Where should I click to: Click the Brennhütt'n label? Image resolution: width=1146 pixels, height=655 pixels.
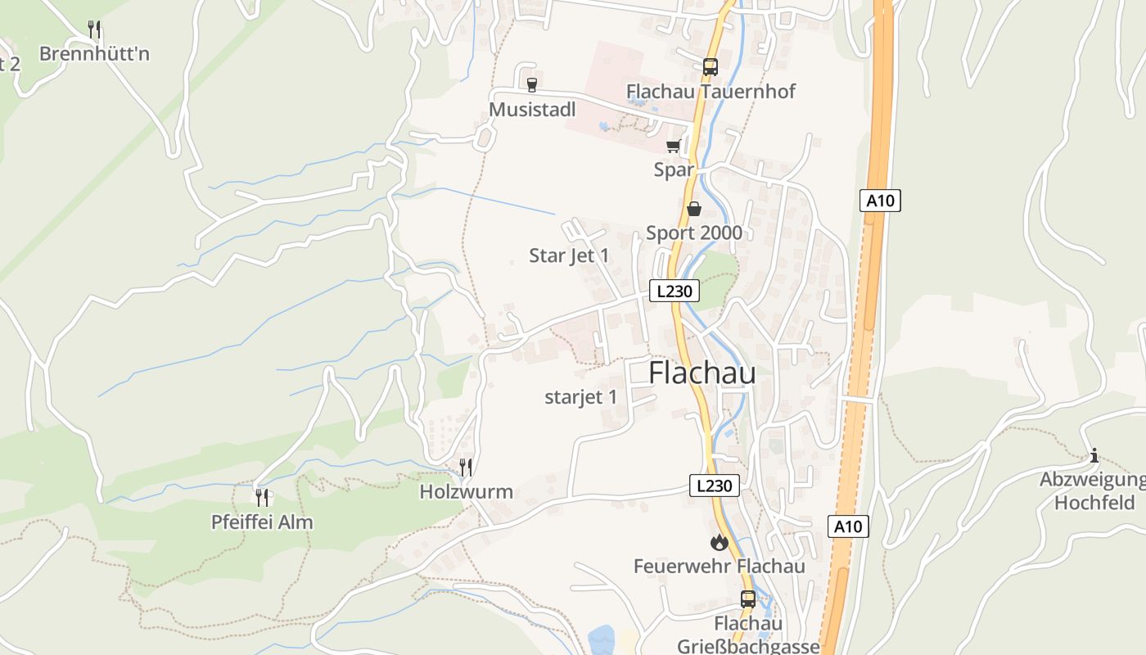tap(94, 54)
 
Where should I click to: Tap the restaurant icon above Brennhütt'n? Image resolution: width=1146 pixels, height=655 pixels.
tap(94, 29)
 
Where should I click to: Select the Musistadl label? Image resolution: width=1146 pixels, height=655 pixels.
tap(532, 110)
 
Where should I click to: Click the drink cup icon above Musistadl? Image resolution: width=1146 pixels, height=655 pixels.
tap(532, 84)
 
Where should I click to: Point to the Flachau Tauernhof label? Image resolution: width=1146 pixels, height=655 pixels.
tap(711, 91)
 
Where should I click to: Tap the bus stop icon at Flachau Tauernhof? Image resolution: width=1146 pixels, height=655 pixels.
tap(710, 66)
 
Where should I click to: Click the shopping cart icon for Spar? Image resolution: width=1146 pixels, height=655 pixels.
tap(674, 146)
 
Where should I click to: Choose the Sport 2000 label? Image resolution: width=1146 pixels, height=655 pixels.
tap(694, 233)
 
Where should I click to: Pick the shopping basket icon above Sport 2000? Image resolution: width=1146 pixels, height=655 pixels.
tap(694, 209)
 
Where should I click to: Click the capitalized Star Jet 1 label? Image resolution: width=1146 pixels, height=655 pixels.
tap(569, 255)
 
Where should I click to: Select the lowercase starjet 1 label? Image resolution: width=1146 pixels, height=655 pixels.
tap(580, 398)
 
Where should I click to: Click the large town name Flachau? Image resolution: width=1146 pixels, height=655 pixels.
tap(702, 373)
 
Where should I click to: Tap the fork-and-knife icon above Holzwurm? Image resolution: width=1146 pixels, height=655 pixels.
tap(466, 468)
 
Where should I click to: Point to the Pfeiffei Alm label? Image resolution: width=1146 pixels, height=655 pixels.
tap(262, 522)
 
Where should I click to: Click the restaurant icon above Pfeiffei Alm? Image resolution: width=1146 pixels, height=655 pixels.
tap(262, 497)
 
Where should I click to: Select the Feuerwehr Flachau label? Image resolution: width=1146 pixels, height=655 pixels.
tap(719, 566)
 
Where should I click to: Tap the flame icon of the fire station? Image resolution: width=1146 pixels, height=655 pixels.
tap(719, 542)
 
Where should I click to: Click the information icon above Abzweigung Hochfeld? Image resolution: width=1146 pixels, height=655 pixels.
tap(1094, 455)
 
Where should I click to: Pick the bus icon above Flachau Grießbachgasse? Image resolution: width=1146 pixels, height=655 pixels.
tap(748, 599)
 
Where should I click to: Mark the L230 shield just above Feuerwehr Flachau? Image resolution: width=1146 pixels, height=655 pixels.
tap(714, 486)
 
